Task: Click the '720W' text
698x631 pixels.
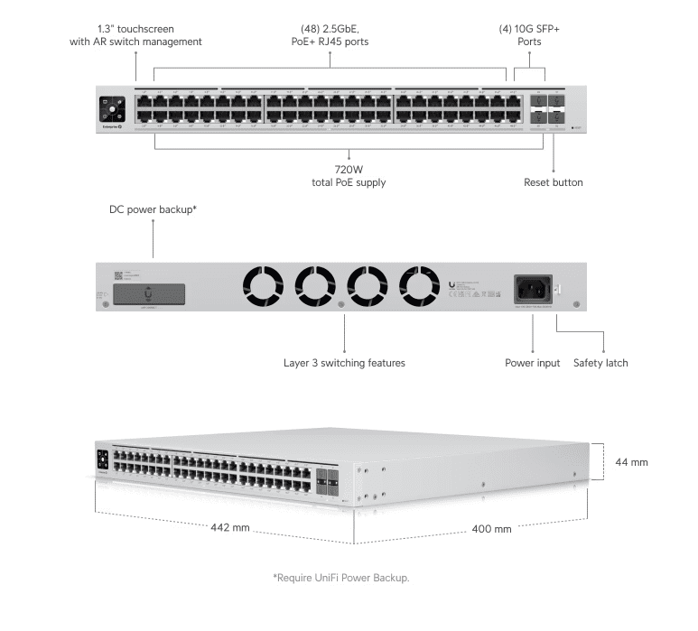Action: pyautogui.click(x=349, y=169)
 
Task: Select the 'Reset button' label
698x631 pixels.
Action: pyautogui.click(x=553, y=182)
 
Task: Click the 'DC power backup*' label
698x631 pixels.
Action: pyautogui.click(x=153, y=209)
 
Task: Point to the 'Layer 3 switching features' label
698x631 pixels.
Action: pyautogui.click(x=344, y=363)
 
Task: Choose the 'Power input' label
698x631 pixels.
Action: pyautogui.click(x=532, y=363)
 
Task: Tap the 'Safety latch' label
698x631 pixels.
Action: pyautogui.click(x=600, y=363)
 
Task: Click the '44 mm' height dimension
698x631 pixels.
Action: pyautogui.click(x=632, y=462)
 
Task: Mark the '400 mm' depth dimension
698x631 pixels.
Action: pyautogui.click(x=491, y=528)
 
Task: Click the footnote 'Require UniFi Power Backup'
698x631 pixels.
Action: pyautogui.click(x=347, y=577)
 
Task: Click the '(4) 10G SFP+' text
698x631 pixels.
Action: pyautogui.click(x=529, y=29)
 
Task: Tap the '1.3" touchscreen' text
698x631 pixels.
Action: pyautogui.click(x=135, y=29)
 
